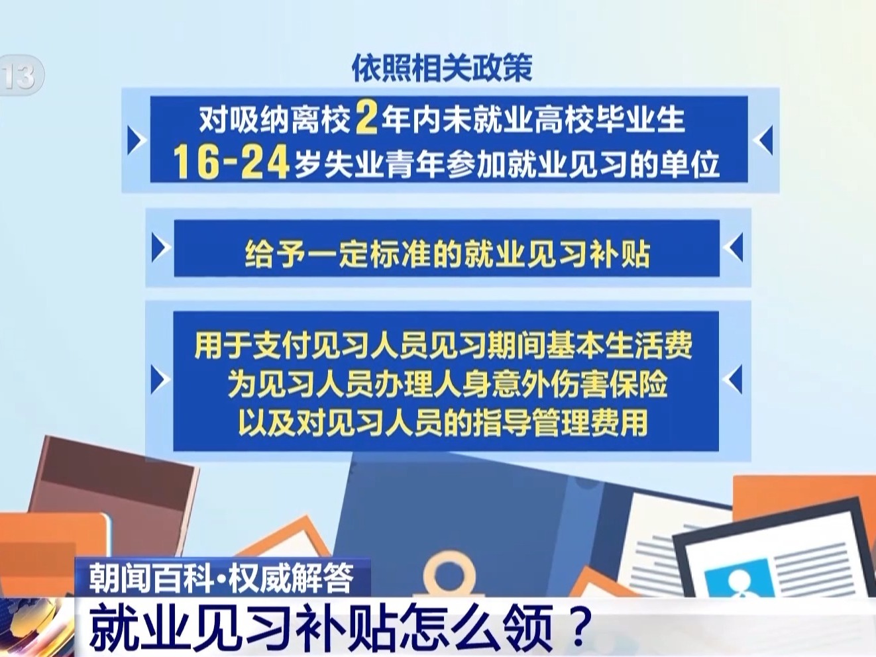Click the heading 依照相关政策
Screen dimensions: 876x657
pos(442,68)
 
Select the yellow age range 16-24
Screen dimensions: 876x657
pos(231,162)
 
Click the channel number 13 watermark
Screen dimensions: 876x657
pos(21,76)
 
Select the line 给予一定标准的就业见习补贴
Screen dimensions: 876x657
pos(447,253)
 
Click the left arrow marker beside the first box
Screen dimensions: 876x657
pos(137,140)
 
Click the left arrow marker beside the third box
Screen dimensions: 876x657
pos(160,379)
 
